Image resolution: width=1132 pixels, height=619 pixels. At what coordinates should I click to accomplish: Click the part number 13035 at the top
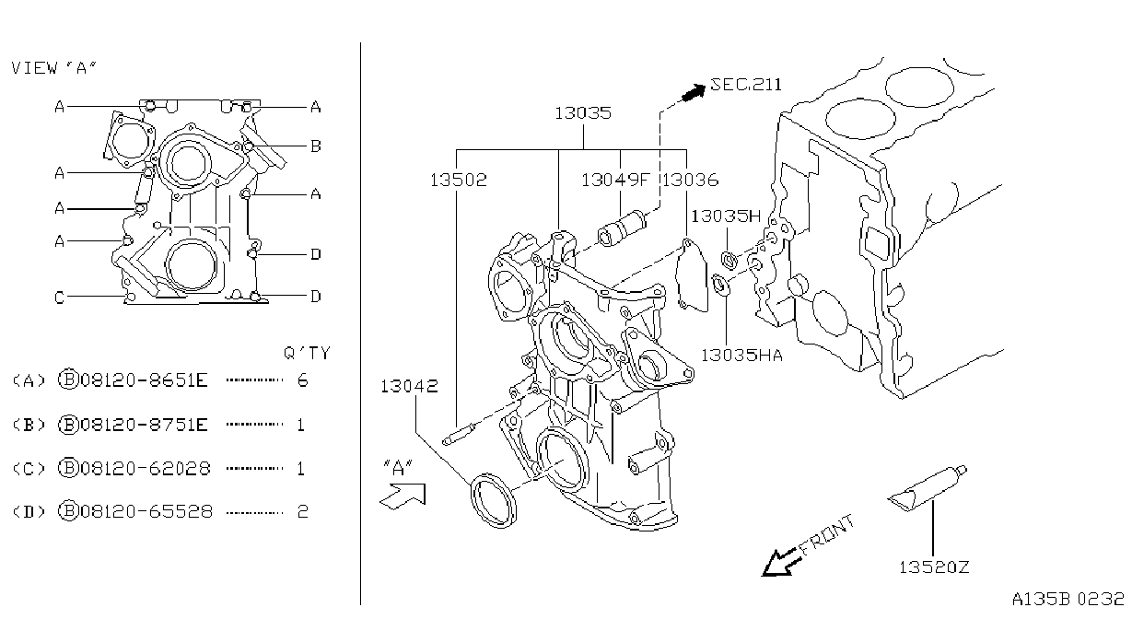click(583, 112)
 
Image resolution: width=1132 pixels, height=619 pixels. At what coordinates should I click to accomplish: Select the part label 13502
click(459, 180)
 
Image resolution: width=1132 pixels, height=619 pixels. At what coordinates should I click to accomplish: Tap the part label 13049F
click(614, 180)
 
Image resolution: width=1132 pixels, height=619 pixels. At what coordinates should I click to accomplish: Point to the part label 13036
click(690, 180)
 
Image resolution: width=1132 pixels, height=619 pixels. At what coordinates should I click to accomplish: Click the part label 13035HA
click(741, 356)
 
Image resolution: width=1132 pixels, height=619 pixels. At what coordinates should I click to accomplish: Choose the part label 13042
click(409, 387)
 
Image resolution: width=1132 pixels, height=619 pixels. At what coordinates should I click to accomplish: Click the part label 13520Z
click(934, 566)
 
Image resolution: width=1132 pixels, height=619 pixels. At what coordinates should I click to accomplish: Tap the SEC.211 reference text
click(746, 84)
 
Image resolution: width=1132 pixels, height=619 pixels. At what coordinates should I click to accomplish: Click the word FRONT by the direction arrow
click(828, 534)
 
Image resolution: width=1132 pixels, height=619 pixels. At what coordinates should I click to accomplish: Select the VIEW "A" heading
click(54, 68)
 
